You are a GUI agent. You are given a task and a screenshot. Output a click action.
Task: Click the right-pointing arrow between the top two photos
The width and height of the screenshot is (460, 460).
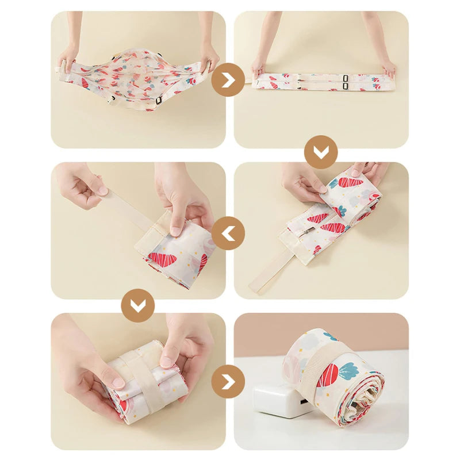(x=228, y=80)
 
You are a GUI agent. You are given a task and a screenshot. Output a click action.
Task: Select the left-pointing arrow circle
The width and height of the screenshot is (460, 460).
(x=228, y=233)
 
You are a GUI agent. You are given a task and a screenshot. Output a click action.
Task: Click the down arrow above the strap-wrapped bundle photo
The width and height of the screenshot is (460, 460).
(x=137, y=305)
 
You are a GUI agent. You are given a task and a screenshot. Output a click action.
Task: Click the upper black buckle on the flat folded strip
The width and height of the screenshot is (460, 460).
(x=344, y=78)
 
